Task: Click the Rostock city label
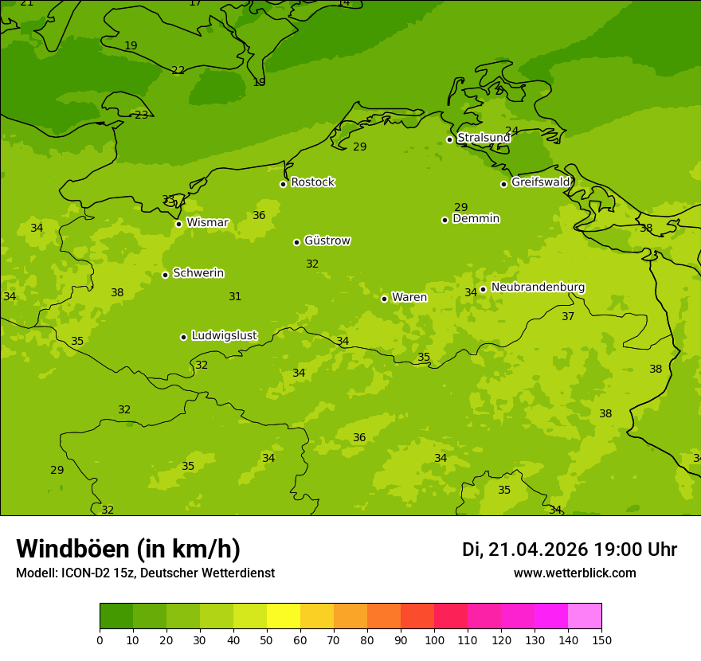coord(312,182)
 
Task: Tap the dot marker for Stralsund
coord(449,139)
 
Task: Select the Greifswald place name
coord(540,182)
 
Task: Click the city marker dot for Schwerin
coord(165,275)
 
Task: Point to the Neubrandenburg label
coord(538,287)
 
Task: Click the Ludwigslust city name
coord(224,335)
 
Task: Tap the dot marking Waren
coord(384,299)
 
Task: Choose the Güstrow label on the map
coord(327,241)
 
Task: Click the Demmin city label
coord(476,218)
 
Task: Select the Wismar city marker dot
coord(178,224)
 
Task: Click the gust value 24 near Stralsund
coord(511,131)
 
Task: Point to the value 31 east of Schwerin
coord(235,296)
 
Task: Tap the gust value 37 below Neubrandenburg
coord(568,316)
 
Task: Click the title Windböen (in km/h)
coord(128,549)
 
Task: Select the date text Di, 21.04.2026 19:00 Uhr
coord(569,550)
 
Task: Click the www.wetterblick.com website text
coord(574,573)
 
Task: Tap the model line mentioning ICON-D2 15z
coord(145,573)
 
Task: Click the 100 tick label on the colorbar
coord(434,639)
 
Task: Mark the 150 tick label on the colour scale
coord(601,639)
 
